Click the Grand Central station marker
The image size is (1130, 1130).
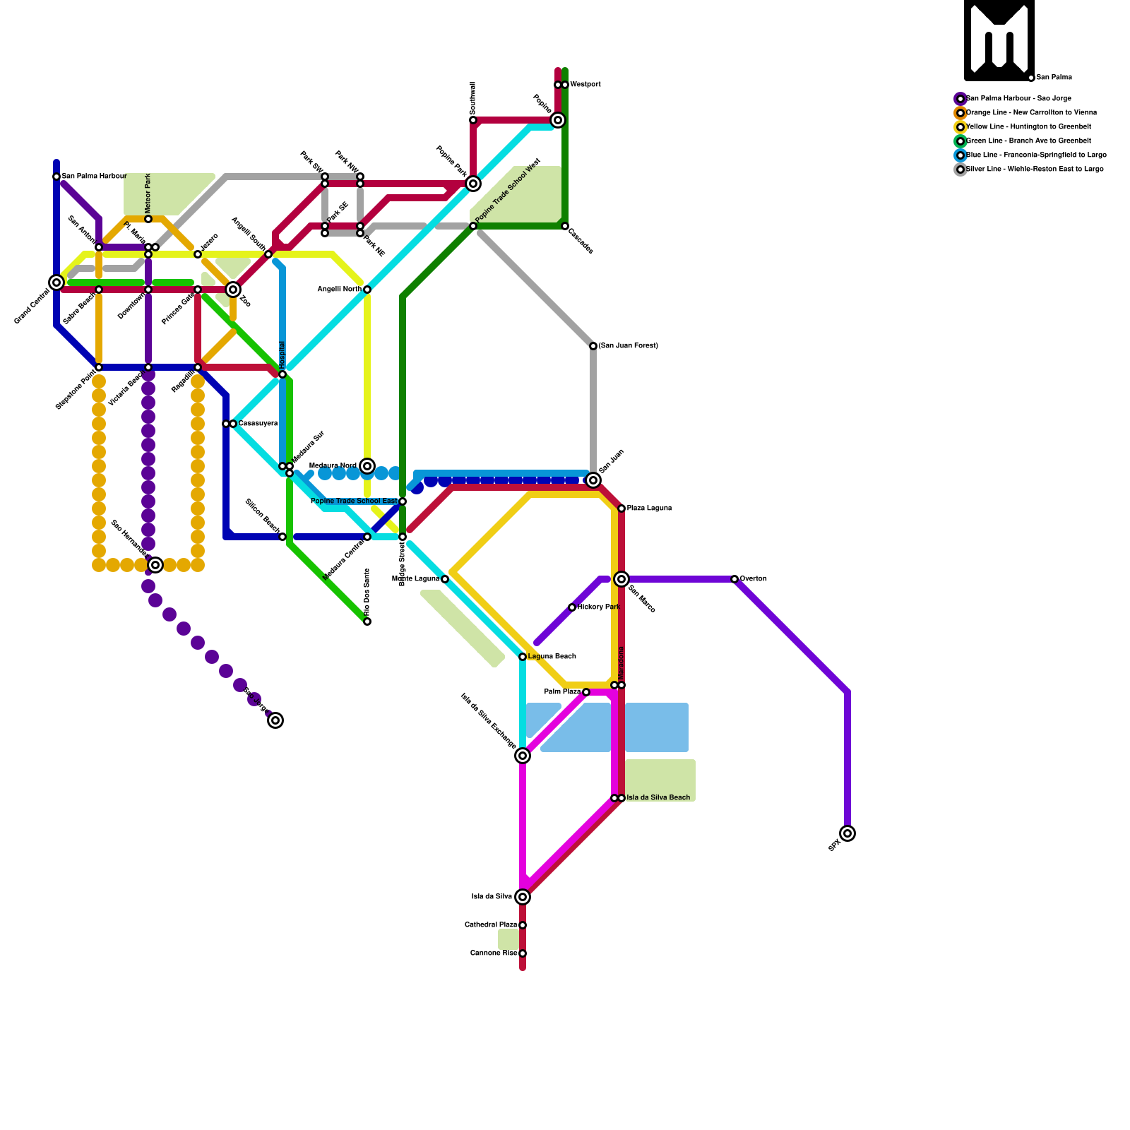coord(56,282)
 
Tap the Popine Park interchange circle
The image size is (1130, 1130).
coord(473,184)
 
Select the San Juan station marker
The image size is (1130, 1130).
coord(593,480)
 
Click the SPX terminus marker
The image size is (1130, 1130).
coord(847,833)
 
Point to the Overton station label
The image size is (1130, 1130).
coord(753,579)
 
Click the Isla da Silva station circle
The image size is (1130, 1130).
coord(523,897)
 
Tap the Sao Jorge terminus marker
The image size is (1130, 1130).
coord(275,720)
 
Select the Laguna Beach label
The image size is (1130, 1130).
coord(552,657)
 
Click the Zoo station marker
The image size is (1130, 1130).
coord(233,290)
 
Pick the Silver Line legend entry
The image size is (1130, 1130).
coord(1034,169)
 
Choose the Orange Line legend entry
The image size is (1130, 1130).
coord(1031,113)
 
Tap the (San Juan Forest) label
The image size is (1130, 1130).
coord(628,346)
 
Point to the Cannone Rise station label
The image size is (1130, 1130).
coord(494,953)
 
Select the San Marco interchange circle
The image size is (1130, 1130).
coord(621,579)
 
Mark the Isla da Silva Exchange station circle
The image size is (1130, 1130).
coord(523,756)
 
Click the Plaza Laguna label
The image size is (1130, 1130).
coord(649,509)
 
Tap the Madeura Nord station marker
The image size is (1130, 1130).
coord(367,465)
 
